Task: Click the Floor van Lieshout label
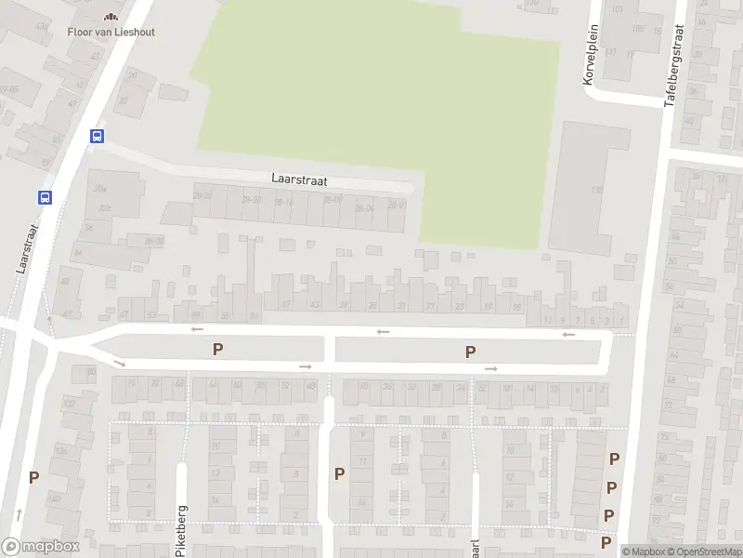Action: pos(111,32)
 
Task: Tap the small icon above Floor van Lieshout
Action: pos(111,16)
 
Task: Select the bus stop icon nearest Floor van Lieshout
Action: pos(97,136)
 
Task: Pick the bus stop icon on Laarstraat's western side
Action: pos(44,197)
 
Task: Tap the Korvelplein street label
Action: pos(589,56)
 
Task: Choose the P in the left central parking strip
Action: pos(218,349)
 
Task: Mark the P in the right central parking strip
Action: pos(471,352)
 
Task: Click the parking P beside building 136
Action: pos(34,477)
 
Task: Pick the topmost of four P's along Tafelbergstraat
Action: pos(614,458)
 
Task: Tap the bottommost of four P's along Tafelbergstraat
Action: pos(606,541)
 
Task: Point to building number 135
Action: pos(596,191)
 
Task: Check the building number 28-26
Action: pos(202,195)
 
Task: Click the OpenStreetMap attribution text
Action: pos(706,551)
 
